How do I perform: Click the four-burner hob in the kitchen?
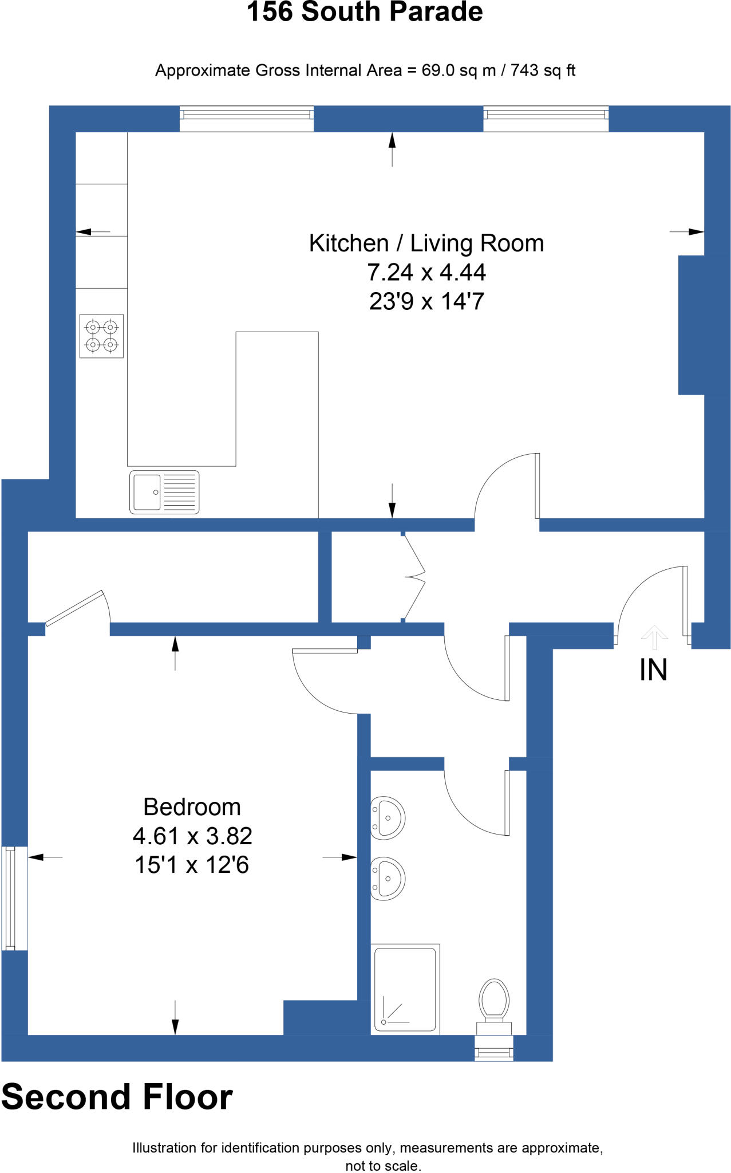(101, 336)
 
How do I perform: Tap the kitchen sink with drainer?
(164, 492)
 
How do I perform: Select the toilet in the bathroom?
(495, 1002)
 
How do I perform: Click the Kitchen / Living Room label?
(426, 243)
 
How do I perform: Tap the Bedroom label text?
(192, 807)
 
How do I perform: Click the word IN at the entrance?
(653, 670)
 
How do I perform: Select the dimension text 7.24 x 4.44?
(426, 273)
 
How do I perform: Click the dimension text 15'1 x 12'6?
(192, 865)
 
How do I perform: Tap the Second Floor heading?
(117, 1097)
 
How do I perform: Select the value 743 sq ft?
(543, 70)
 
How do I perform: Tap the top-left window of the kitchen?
(247, 118)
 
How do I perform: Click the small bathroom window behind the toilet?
(494, 1048)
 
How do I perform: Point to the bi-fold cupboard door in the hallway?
(413, 576)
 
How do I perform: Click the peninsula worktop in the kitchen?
(277, 424)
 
